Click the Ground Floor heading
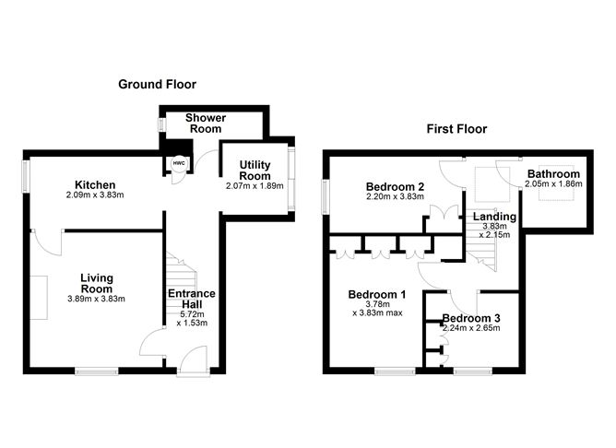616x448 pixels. (157, 84)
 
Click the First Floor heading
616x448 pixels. (456, 129)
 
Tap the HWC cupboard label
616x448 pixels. (176, 165)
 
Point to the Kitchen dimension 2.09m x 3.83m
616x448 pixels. (95, 195)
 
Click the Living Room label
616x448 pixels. (96, 283)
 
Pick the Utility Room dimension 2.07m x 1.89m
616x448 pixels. (255, 185)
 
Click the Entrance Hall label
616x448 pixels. (191, 300)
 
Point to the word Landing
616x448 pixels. (494, 217)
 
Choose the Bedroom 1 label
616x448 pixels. (376, 295)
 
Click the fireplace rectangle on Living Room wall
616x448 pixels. (38, 297)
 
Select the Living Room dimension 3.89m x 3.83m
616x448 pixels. (96, 299)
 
